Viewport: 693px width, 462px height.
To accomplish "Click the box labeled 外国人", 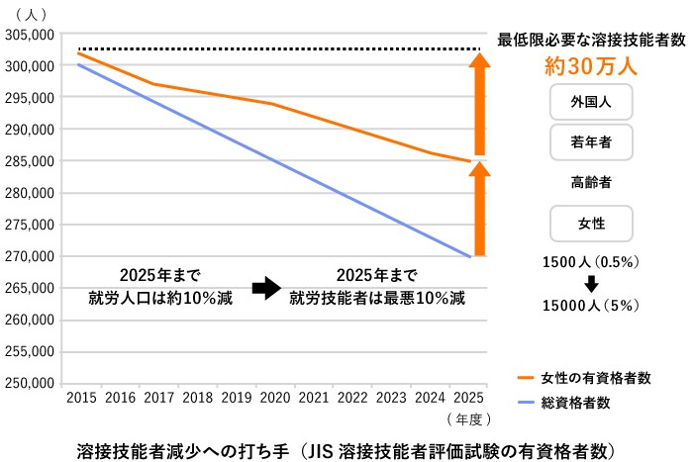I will pyautogui.click(x=591, y=102).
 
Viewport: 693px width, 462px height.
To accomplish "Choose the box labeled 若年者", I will pyautogui.click(x=591, y=142).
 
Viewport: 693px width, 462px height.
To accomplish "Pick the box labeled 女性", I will pyautogui.click(x=591, y=225).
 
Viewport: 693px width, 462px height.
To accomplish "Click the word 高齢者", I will pyautogui.click(x=591, y=183).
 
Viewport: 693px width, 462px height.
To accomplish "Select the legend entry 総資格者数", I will pyautogui.click(x=575, y=403).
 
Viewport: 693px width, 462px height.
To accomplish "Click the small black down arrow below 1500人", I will pyautogui.click(x=591, y=283).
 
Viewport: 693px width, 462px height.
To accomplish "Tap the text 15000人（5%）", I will pyautogui.click(x=591, y=305).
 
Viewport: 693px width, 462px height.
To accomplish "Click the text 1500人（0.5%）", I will pyautogui.click(x=591, y=262).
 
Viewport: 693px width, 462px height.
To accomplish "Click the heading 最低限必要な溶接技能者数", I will pyautogui.click(x=591, y=40).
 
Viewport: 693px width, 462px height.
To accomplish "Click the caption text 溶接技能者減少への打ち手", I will pyautogui.click(x=189, y=447).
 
